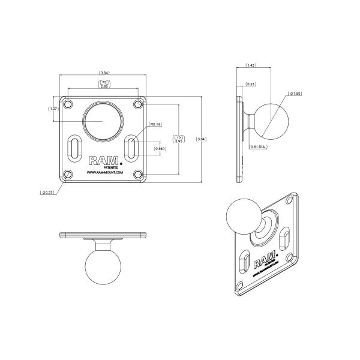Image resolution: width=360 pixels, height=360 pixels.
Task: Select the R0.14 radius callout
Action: (x=155, y=125)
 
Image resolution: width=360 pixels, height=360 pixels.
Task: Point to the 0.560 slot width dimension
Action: (x=160, y=148)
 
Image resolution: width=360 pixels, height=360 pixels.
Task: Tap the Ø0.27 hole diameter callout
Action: (x=47, y=193)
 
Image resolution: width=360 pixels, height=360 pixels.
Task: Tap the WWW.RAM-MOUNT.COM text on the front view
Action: (x=105, y=172)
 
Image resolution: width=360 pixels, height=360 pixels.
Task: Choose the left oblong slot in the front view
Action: (x=73, y=147)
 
